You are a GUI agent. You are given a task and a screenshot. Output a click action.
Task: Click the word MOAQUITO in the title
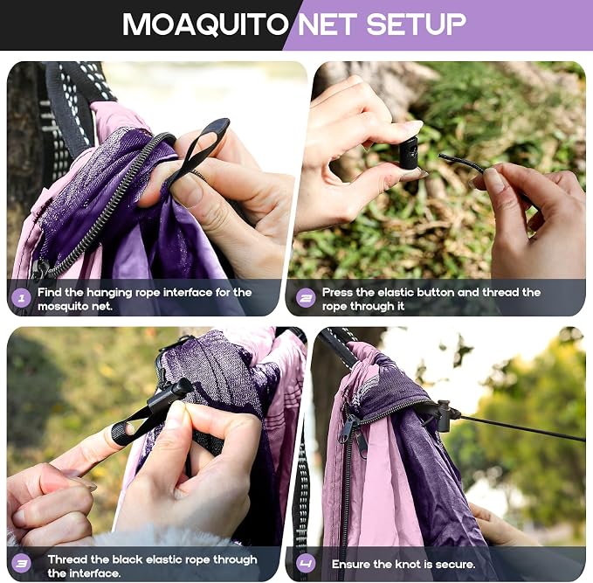click(205, 24)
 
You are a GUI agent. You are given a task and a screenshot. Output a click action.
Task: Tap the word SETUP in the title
click(416, 24)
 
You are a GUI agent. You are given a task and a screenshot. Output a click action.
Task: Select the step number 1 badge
click(22, 298)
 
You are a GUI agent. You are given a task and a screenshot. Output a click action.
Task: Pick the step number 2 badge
click(306, 298)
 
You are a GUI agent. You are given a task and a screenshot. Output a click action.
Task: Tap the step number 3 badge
click(22, 564)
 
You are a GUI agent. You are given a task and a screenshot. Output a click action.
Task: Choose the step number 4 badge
click(306, 564)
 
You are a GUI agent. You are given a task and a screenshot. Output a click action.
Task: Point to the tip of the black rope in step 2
click(440, 156)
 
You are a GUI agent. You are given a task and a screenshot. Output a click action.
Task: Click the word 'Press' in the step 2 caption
click(337, 292)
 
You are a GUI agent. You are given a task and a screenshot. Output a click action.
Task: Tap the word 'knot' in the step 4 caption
click(408, 565)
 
